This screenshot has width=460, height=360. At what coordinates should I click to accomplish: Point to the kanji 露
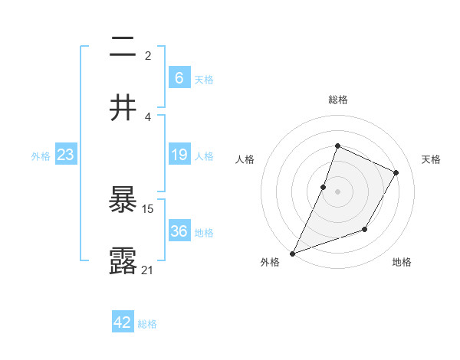point(123,260)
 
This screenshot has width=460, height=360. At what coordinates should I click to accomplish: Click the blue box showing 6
point(179,78)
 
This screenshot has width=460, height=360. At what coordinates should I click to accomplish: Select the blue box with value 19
point(179,155)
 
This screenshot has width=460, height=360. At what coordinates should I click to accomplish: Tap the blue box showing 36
point(179,231)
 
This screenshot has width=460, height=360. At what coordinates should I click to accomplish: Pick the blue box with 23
point(66,155)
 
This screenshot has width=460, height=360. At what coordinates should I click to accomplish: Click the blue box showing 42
point(123,322)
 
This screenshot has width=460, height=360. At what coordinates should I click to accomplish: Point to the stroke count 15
point(148,208)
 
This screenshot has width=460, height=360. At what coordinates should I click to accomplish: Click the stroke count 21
point(148,270)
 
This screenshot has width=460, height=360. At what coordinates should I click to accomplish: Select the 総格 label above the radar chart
point(337,100)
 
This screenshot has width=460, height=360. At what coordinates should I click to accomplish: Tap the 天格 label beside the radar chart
point(432,159)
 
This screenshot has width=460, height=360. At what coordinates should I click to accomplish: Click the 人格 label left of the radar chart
point(245,159)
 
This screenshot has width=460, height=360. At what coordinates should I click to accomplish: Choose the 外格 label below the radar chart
point(270,262)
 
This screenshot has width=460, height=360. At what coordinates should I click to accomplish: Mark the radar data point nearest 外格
point(292,254)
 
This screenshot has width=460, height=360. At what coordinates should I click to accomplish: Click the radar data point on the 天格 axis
point(396,172)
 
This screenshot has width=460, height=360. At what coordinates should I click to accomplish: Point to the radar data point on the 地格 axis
point(365,229)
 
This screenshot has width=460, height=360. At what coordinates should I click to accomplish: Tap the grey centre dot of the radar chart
point(337,191)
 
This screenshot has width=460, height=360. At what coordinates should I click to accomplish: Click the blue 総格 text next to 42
point(147,324)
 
